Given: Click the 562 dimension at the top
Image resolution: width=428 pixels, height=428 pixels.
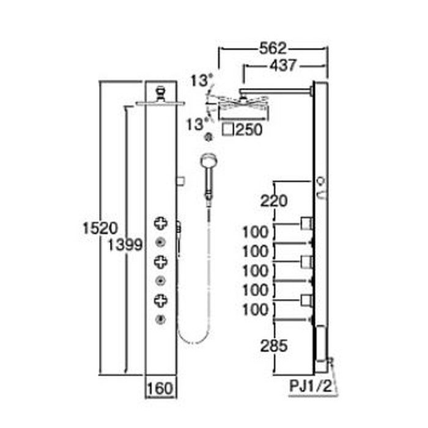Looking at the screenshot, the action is point(273,48).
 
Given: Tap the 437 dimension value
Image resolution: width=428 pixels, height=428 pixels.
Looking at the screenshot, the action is point(282,65).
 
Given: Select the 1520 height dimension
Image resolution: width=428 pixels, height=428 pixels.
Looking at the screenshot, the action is point(100,228).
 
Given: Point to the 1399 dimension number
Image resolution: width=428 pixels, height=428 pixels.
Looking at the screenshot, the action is point(125,245).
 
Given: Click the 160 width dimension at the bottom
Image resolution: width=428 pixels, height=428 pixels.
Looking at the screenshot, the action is point(160,388).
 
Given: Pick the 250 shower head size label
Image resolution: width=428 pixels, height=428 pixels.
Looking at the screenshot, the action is point(249,130).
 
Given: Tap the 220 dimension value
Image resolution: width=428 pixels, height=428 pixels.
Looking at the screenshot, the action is point(274,201).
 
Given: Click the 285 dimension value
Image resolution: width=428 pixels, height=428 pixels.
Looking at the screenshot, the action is point(274,346).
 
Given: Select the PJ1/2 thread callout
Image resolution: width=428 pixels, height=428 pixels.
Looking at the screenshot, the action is point(311,386).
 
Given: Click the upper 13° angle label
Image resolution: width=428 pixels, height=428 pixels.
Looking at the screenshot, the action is point(201,81).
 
